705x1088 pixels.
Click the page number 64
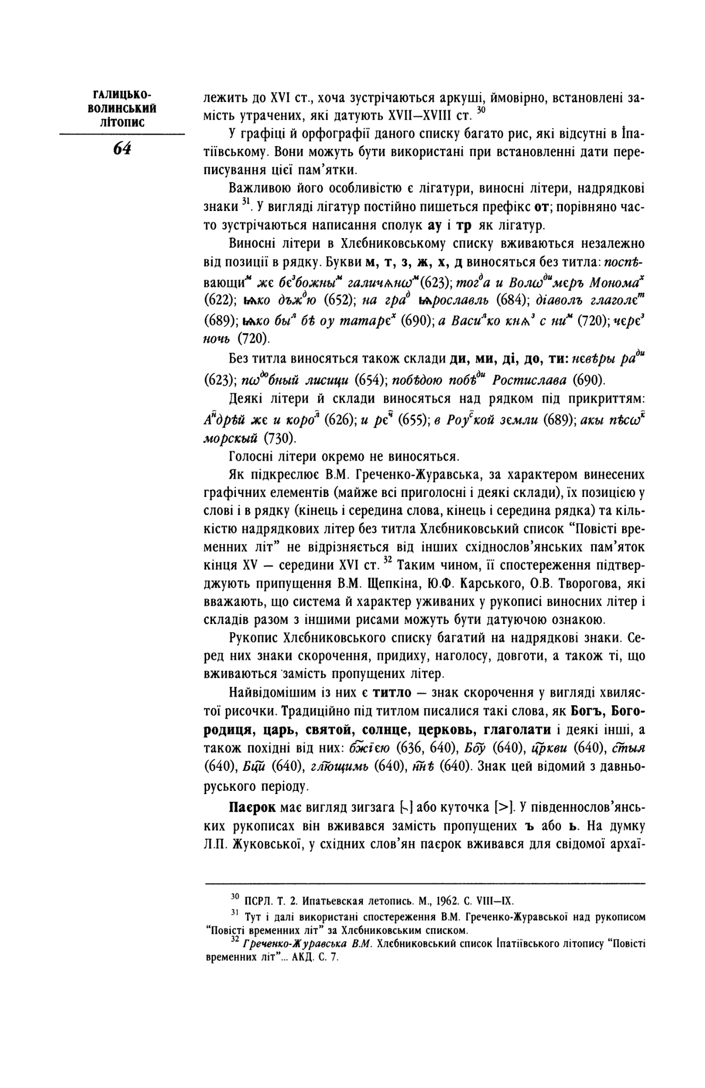(122, 149)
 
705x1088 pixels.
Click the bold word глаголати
(507, 730)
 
